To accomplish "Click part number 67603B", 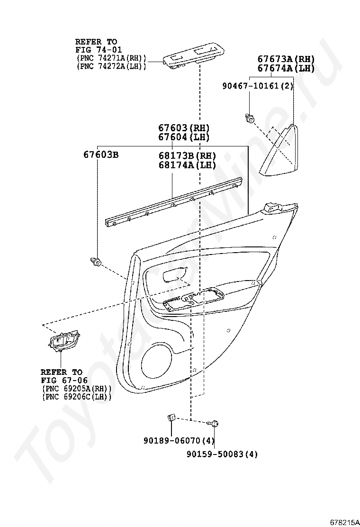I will [x=101, y=155].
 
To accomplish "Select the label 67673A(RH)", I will [x=286, y=59].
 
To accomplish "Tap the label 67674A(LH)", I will [x=286, y=69].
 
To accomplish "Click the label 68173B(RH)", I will [x=187, y=156].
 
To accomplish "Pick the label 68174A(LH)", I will [x=187, y=165].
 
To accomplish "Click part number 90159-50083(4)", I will [x=222, y=454].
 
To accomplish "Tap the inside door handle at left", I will [x=63, y=342].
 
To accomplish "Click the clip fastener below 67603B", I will [x=96, y=261].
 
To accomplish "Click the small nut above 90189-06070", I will [x=171, y=417].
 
